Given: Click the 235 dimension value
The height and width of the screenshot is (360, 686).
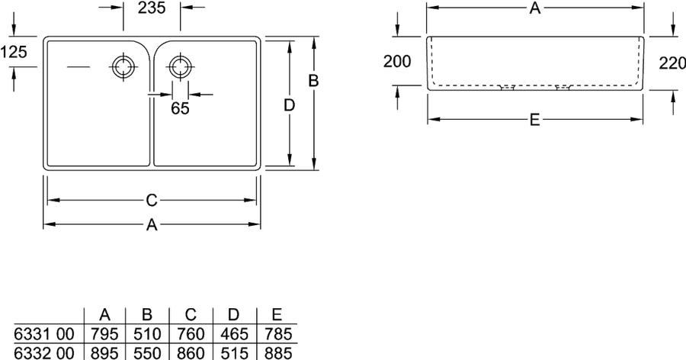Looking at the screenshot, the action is click(x=152, y=8).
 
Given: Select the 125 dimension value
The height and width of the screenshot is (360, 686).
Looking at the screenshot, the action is click(x=14, y=52).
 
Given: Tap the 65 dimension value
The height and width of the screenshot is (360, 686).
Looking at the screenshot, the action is click(x=180, y=108).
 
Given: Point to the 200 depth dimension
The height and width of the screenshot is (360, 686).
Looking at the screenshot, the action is click(x=397, y=61).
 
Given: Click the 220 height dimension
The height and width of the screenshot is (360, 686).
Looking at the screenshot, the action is click(x=672, y=63).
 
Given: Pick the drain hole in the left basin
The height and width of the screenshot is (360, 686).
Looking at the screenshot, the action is click(x=123, y=67).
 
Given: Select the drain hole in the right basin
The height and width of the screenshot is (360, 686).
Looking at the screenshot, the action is click(x=178, y=67).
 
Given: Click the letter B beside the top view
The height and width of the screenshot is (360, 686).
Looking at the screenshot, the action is click(x=313, y=81).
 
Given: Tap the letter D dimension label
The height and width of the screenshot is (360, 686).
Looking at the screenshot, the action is click(x=289, y=105).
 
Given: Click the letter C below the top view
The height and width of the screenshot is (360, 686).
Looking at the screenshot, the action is click(x=152, y=200).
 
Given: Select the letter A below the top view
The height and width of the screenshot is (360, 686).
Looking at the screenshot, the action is click(x=152, y=225).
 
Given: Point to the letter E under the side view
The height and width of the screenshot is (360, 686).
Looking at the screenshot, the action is click(x=534, y=120).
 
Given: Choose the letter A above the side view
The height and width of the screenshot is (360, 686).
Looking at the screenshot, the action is click(x=534, y=8).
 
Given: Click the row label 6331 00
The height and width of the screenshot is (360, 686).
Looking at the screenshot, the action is click(x=44, y=334).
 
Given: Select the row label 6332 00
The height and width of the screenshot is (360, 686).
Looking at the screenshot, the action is click(x=44, y=352).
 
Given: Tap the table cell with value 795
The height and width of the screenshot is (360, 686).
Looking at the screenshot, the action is click(x=104, y=334).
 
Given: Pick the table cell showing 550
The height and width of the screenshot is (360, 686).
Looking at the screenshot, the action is click(x=147, y=352).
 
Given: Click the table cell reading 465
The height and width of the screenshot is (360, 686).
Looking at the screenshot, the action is click(x=234, y=334).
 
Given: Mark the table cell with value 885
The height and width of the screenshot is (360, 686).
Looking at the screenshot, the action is click(x=277, y=352).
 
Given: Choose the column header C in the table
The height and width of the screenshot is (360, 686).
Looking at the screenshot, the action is click(x=191, y=315).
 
